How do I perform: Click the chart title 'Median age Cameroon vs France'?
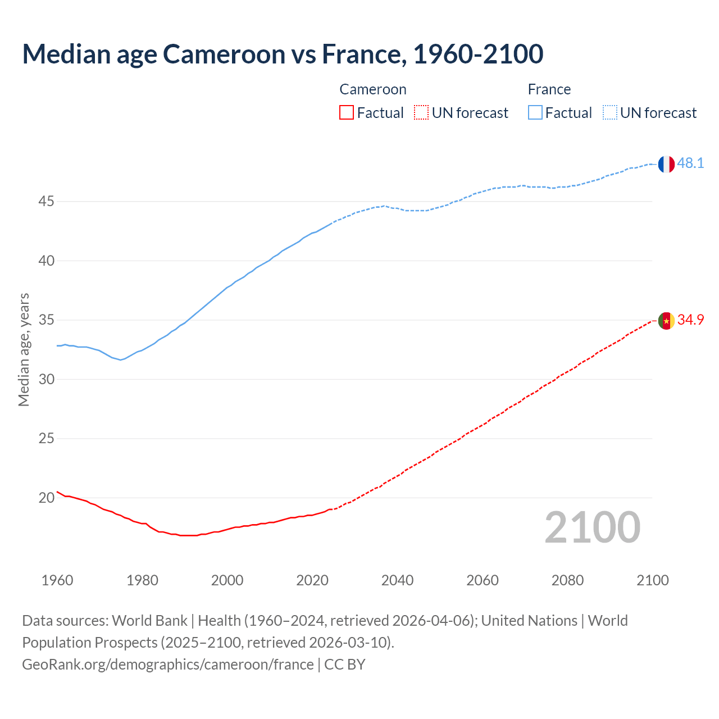coord(283,54)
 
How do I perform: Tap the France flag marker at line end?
coord(666,164)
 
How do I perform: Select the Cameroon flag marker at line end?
coord(666,321)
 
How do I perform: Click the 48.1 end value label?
coord(690,163)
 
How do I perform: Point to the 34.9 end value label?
coord(690,320)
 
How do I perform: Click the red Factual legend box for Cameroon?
coord(347,113)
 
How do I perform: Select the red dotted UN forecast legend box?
coord(421,113)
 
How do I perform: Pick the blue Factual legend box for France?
coord(535,113)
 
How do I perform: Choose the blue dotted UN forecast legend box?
coord(609,113)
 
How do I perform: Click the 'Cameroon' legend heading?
coord(372,90)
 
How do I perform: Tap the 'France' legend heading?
coord(549,90)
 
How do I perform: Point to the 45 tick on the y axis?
coord(46,201)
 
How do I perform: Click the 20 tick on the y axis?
coord(46,498)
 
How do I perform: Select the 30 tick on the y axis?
coord(46,379)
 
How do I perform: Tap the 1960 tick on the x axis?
coord(57,580)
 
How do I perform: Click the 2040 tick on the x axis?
coord(397,580)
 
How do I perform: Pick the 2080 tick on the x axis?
coord(567,580)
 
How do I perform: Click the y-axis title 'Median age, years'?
coord(24,349)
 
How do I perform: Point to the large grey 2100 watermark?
coord(592,527)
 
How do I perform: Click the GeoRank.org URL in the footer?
coord(167,665)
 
